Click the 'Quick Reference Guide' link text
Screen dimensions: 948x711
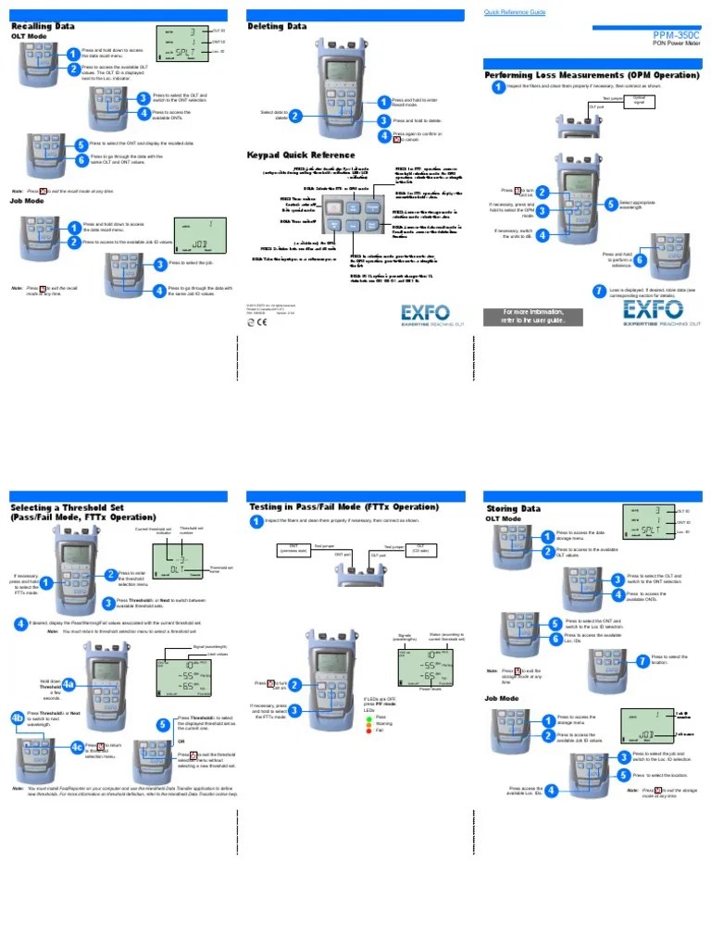tap(516, 12)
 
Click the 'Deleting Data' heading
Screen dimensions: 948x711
tap(277, 27)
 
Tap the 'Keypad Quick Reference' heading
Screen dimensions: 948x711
tap(300, 155)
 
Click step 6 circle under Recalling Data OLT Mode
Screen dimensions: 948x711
tap(81, 159)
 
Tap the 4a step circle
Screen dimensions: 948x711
tap(69, 684)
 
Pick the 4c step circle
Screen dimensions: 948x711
tap(77, 746)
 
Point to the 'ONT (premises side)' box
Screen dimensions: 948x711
tap(293, 549)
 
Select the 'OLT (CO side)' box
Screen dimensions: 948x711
tap(419, 549)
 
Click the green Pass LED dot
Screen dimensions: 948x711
tap(368, 717)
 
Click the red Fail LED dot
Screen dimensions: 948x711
tap(368, 731)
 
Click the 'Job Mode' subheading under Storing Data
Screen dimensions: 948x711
tap(502, 698)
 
